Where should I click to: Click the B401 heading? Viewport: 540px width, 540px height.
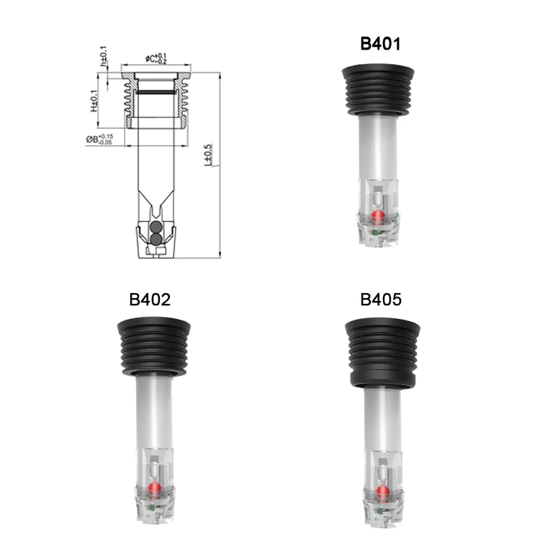(x=380, y=44)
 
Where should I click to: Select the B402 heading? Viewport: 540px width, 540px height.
(x=150, y=300)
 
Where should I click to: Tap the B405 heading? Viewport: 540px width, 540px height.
(x=381, y=300)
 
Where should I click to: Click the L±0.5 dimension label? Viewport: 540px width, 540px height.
(x=208, y=155)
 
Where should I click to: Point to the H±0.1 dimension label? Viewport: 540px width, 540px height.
(x=94, y=101)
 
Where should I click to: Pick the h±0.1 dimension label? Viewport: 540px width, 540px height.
(x=104, y=57)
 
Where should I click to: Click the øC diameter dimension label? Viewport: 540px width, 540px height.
(x=156, y=58)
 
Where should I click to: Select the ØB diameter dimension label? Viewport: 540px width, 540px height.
(x=99, y=139)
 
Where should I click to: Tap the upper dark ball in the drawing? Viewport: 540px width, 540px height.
(x=156, y=227)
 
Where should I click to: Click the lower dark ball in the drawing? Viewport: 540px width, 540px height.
(x=156, y=239)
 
